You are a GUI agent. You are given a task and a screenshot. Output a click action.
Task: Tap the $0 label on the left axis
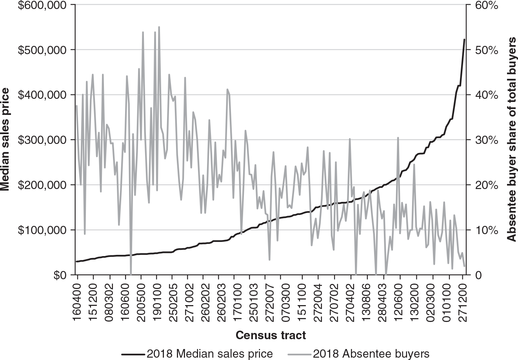[x=60, y=275]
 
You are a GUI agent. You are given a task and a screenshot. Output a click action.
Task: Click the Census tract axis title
[x=271, y=336]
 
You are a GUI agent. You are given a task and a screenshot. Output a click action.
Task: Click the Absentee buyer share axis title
[x=511, y=140]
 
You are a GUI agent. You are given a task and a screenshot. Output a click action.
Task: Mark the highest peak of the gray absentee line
[x=159, y=27]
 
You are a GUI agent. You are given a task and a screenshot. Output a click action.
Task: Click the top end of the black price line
[x=465, y=40]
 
